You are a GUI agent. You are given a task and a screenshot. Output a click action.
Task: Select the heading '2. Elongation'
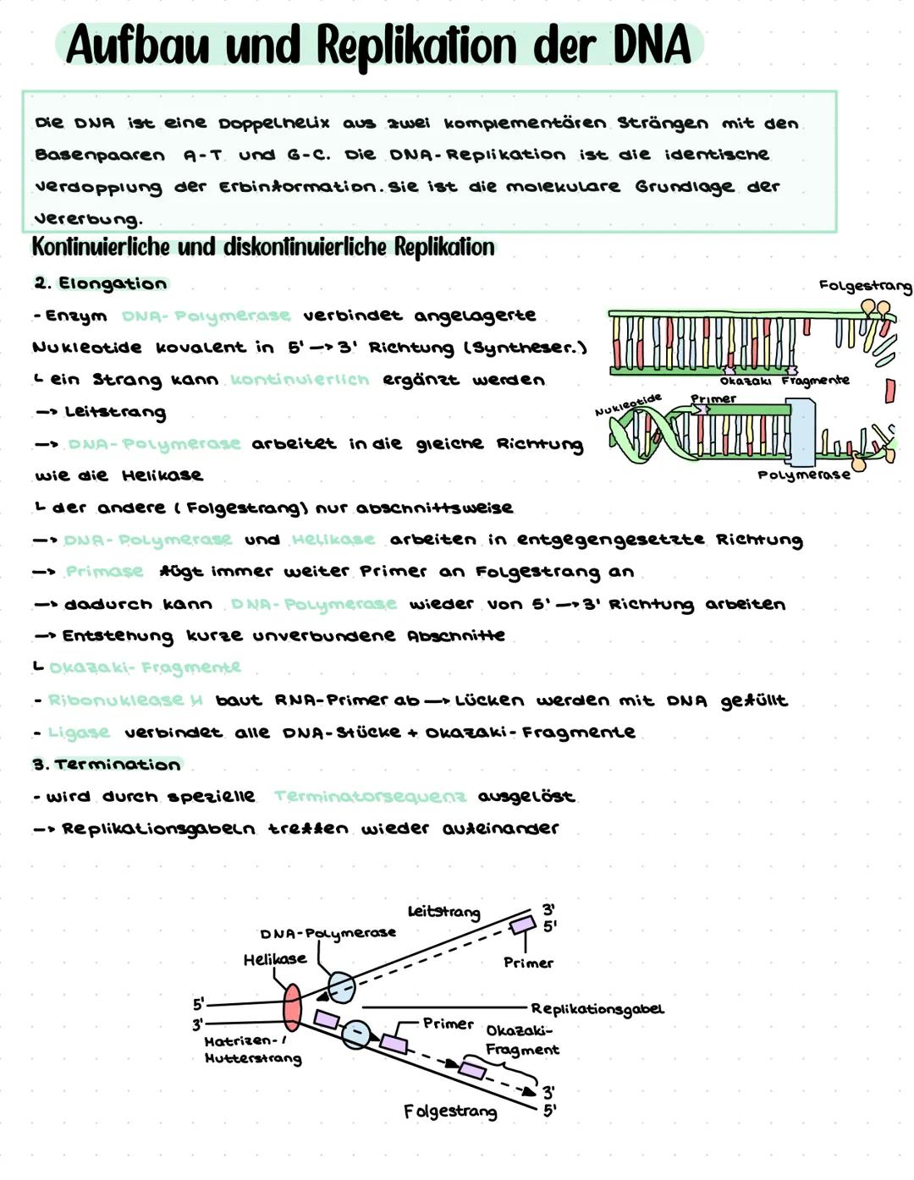101,283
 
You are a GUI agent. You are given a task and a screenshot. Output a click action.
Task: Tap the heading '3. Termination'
107,765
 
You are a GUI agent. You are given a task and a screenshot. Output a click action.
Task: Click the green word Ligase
79,733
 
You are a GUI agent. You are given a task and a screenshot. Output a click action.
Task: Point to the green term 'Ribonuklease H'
125,700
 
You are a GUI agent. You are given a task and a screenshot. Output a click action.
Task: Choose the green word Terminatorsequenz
370,797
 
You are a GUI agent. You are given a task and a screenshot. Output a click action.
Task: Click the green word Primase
104,572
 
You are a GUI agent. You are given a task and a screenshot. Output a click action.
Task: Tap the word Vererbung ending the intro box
87,219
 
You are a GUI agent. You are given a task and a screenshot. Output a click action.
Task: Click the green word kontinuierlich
300,380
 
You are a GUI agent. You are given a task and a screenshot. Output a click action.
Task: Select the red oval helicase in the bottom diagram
291,1007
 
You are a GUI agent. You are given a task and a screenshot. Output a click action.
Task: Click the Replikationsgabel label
597,1009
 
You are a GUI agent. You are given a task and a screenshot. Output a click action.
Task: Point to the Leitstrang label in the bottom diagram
443,912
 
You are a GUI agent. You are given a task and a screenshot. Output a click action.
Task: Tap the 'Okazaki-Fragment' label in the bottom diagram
521,1040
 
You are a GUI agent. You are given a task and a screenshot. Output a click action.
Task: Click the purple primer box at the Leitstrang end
523,925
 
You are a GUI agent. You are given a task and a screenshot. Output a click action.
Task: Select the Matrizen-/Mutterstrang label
252,1050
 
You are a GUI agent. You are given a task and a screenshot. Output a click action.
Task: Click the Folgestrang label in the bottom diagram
449,1111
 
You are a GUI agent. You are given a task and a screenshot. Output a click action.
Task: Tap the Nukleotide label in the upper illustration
628,403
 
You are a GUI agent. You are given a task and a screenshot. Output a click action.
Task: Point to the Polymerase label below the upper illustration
803,475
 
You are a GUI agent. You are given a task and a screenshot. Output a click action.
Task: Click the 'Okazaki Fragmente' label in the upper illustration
784,381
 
